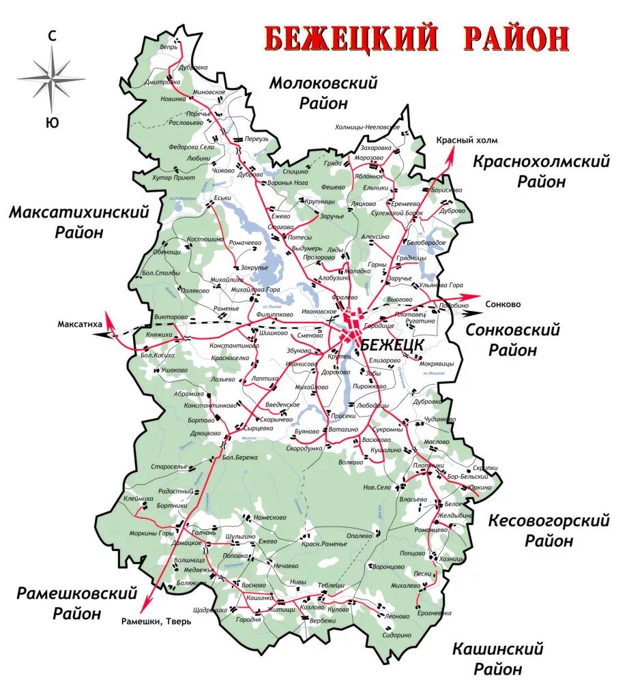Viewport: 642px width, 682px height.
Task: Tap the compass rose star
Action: click(x=52, y=78)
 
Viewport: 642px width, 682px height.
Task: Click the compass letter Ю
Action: click(x=51, y=123)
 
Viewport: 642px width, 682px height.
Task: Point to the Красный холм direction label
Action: click(x=467, y=140)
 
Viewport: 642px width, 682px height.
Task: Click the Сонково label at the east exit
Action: click(x=503, y=304)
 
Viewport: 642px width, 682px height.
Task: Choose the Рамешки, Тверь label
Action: click(x=157, y=621)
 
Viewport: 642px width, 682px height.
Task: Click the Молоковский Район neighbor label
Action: click(x=323, y=93)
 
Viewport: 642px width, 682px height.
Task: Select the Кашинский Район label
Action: click(x=498, y=657)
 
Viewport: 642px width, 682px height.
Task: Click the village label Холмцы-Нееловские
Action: click(x=367, y=128)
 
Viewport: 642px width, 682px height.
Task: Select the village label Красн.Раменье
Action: click(x=325, y=544)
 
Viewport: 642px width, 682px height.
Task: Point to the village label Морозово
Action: click(x=369, y=158)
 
